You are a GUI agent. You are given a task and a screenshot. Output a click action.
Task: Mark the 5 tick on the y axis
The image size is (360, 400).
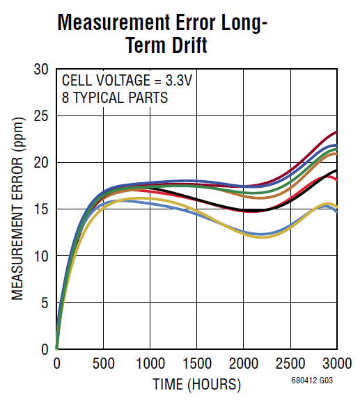click(x=44, y=303)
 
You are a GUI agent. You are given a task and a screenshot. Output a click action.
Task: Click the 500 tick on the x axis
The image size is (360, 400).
click(x=103, y=363)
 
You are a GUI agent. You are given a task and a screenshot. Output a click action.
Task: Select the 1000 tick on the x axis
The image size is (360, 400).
click(x=150, y=363)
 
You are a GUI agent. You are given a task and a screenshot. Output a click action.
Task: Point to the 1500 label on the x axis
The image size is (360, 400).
click(x=196, y=363)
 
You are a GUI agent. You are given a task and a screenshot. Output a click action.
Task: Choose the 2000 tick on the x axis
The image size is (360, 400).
click(x=243, y=363)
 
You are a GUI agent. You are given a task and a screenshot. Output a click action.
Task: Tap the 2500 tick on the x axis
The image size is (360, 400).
click(x=290, y=363)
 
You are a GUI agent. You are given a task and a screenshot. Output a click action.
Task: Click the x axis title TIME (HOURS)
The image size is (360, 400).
click(x=197, y=384)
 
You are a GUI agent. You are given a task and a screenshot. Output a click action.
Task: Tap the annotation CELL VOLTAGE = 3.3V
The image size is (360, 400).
click(x=126, y=80)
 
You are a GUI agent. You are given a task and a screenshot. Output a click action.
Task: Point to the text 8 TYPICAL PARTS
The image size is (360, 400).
click(x=114, y=97)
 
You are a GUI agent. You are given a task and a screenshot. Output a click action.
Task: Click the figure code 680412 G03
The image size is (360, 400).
click(x=313, y=382)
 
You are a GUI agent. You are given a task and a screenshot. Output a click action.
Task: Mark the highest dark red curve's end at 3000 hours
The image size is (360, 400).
click(x=336, y=131)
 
